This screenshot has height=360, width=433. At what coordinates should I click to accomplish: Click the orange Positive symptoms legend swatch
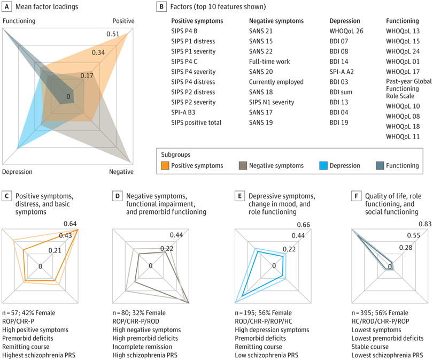point(165,165)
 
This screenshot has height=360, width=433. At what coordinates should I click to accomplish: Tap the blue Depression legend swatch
point(323,165)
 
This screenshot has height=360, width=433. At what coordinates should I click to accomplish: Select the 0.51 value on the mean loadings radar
point(113,34)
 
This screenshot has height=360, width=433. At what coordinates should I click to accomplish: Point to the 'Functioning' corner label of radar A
point(19,21)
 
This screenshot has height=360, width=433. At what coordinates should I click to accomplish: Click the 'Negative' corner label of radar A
point(121,172)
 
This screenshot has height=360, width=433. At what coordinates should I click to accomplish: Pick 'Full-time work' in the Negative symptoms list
point(269,62)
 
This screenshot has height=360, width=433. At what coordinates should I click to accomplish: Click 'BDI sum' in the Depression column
point(341,92)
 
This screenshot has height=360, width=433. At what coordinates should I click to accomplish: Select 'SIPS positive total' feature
point(196,122)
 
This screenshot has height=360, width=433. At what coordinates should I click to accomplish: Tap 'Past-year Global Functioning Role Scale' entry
point(409,89)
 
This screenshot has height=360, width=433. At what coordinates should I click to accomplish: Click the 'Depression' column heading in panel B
point(345,21)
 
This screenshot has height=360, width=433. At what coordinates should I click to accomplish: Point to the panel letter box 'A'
point(6,6)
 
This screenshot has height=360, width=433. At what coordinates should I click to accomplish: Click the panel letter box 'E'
point(239,196)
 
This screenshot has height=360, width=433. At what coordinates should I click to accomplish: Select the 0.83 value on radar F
point(425,224)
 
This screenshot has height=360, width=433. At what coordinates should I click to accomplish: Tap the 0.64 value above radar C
point(70,224)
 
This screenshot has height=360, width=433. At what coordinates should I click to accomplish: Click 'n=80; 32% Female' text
point(139,313)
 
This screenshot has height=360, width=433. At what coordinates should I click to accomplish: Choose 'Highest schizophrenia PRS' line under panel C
point(38,355)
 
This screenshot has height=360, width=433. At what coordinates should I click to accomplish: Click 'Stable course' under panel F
point(370,347)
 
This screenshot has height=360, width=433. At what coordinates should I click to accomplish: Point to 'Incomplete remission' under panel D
point(142,347)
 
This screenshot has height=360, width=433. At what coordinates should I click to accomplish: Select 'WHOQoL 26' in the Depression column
point(346,31)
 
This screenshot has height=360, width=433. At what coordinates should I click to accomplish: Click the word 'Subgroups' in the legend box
point(176,155)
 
